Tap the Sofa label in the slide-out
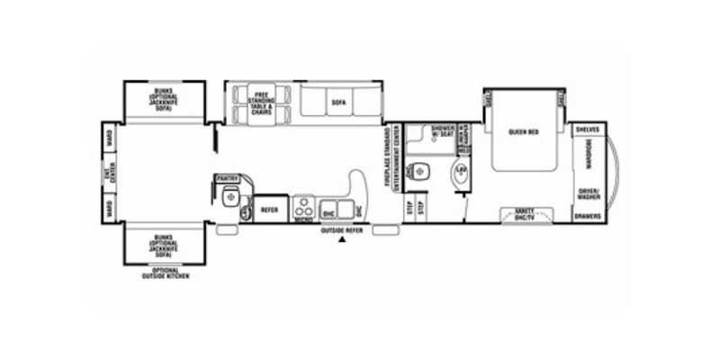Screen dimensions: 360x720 (338, 103)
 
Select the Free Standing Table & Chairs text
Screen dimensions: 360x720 (263, 102)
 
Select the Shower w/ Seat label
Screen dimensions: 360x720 (442, 131)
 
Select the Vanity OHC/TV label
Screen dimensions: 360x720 (524, 215)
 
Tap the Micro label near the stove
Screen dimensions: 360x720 (303, 218)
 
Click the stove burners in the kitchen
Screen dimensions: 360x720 (304, 203)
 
